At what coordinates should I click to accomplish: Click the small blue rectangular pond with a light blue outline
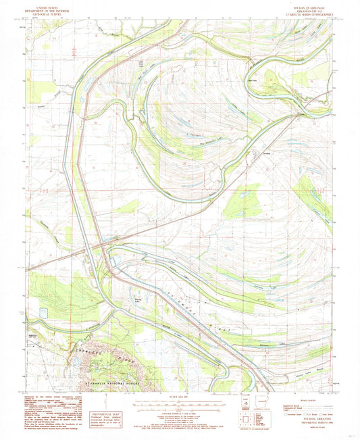tap(45, 312)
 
